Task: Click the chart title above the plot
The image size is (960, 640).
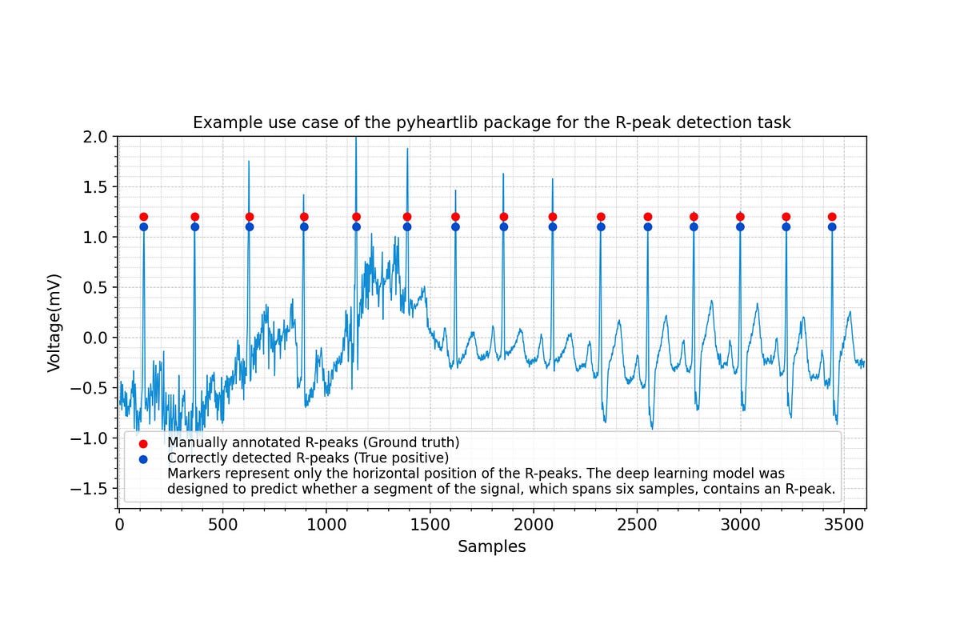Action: coord(491,123)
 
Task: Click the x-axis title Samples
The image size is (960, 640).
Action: coord(491,546)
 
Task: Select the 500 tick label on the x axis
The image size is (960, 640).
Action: coord(222,525)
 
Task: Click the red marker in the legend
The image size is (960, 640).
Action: coord(143,443)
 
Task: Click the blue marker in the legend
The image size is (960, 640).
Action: coord(143,458)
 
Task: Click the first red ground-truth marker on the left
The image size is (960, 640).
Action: coord(143,217)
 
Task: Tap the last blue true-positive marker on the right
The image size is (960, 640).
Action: coord(832,226)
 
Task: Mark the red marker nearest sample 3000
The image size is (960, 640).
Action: coord(740,217)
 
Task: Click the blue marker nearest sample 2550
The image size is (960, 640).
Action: coord(648,226)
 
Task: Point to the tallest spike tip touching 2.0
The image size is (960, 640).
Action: coord(356,138)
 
